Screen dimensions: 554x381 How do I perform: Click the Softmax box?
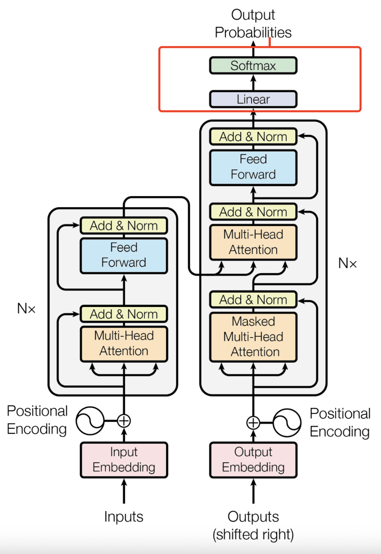(x=253, y=66)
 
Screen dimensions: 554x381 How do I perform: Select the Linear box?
(x=253, y=99)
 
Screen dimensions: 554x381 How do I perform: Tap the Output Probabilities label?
(x=253, y=24)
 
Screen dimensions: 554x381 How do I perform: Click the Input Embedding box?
(x=124, y=460)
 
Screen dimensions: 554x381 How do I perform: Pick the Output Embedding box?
(x=253, y=460)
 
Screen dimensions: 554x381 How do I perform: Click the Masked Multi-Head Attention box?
(x=253, y=337)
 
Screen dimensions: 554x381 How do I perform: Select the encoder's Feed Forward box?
(x=124, y=255)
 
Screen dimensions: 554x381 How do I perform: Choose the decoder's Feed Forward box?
(x=253, y=167)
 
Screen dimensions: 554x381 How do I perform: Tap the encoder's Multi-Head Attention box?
(x=124, y=344)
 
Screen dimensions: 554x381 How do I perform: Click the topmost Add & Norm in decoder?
(x=253, y=137)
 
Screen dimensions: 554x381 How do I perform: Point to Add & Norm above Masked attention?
(x=253, y=300)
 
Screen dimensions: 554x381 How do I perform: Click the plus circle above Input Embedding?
(x=124, y=421)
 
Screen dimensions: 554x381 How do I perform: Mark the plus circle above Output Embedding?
(x=253, y=422)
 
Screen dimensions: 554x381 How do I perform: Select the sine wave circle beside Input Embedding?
(x=90, y=421)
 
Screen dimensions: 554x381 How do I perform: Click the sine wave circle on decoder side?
(x=287, y=422)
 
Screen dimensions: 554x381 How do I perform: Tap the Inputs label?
(x=124, y=517)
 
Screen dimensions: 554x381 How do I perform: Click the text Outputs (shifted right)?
(x=253, y=526)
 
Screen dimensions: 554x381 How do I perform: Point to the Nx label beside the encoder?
(x=26, y=309)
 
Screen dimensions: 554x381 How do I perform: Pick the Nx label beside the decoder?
(x=347, y=263)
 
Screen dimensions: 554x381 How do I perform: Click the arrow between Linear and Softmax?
(x=253, y=83)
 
